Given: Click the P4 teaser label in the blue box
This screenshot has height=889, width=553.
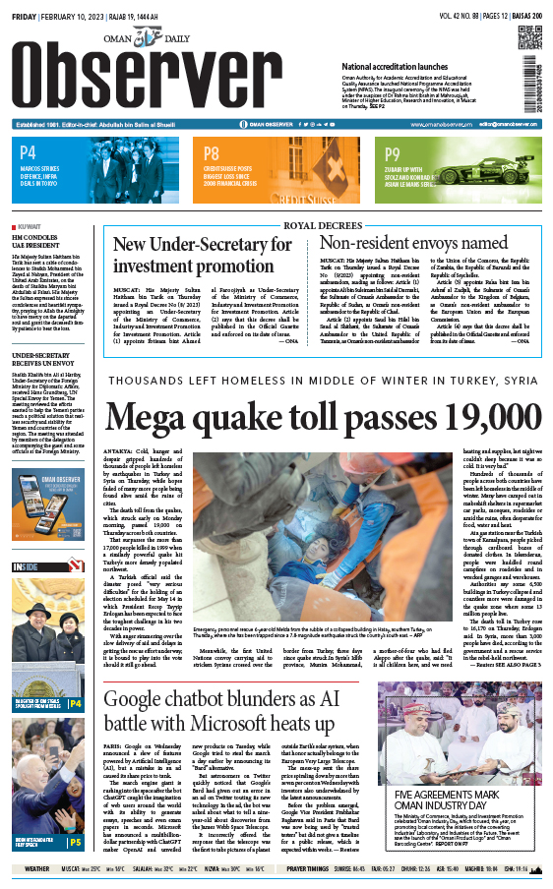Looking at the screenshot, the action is (x=28, y=152).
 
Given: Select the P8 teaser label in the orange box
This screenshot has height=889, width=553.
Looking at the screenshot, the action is (x=212, y=153).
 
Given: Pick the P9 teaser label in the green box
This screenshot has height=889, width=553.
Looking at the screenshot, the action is (x=393, y=153).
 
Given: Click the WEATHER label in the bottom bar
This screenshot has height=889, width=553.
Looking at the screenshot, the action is (x=36, y=869).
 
